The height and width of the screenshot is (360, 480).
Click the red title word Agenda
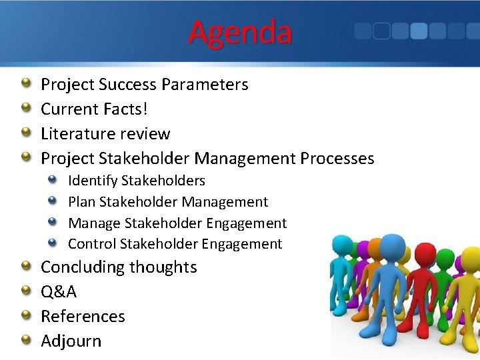[240, 32]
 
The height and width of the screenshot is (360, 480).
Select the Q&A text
[59, 292]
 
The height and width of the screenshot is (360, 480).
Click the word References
[83, 316]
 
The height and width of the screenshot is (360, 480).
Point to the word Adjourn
[71, 341]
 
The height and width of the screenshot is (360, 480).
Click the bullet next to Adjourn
[25, 340]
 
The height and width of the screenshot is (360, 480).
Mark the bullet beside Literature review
[25, 133]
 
